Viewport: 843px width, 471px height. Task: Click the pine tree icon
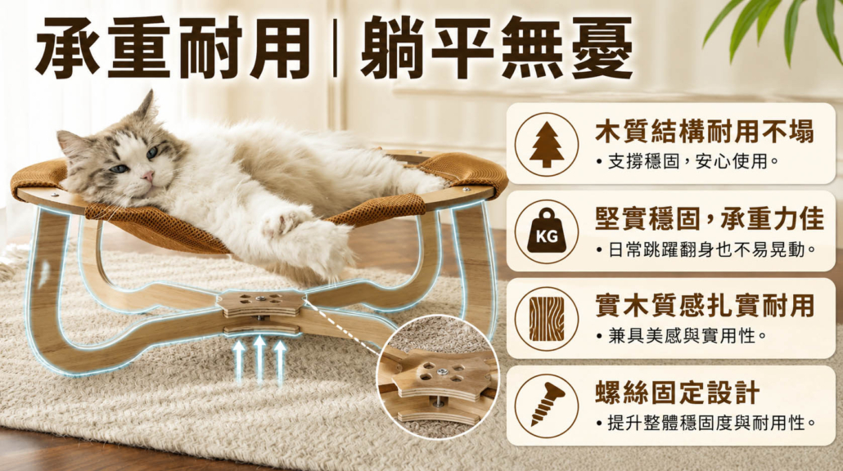click(546, 145)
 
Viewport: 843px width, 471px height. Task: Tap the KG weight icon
click(546, 232)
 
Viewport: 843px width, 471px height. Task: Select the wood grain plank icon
click(546, 319)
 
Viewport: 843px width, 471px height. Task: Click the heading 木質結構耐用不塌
click(705, 132)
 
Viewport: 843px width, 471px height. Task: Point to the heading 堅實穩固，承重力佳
click(709, 218)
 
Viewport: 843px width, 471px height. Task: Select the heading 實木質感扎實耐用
click(705, 305)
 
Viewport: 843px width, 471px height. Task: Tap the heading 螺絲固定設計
click(677, 392)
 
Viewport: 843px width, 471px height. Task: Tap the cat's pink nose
click(147, 176)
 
